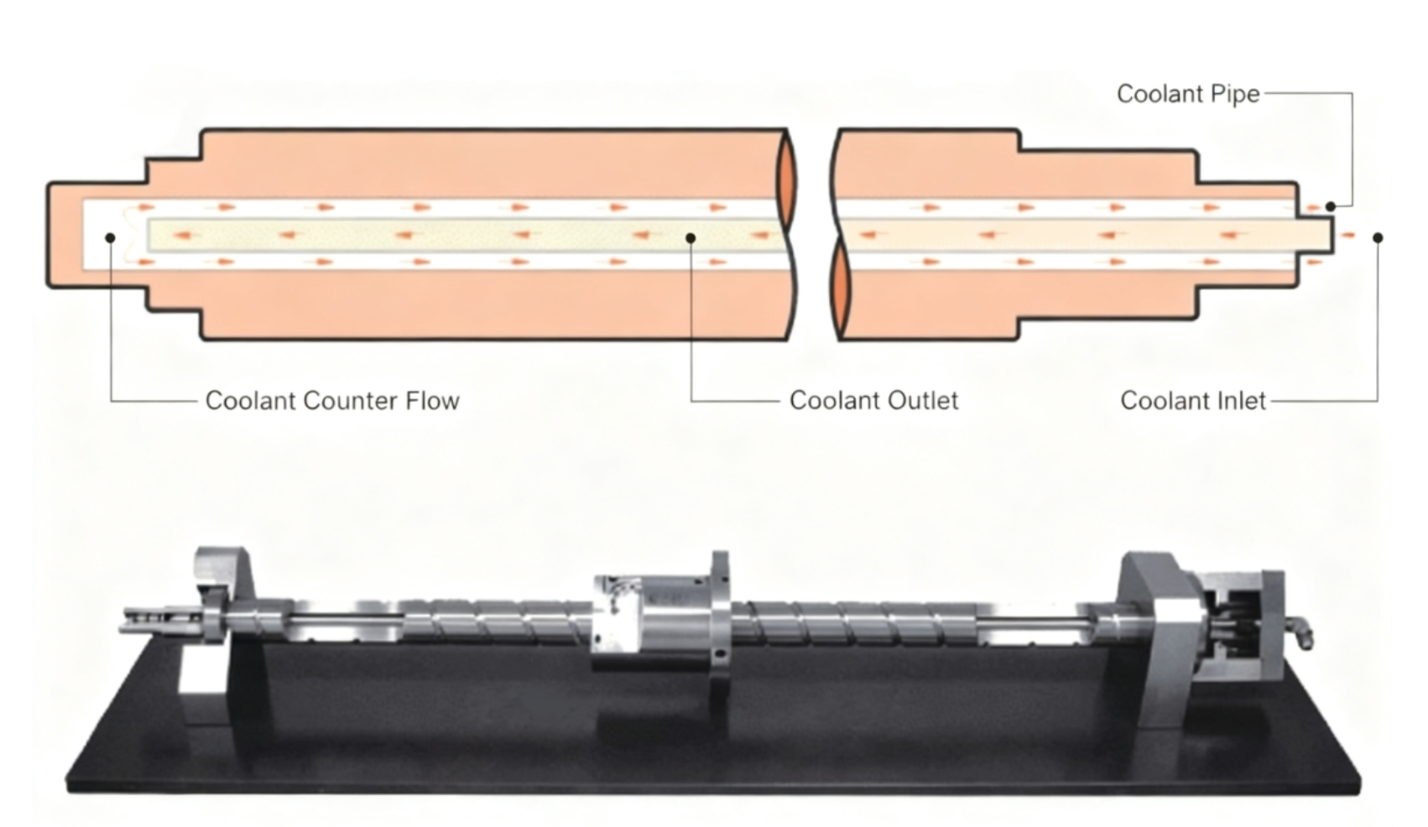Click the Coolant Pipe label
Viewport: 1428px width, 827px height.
[x=1187, y=94]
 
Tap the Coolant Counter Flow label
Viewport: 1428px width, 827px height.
[x=332, y=401]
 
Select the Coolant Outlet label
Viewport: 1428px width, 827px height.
[x=873, y=401]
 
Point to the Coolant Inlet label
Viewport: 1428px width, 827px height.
[x=1192, y=401]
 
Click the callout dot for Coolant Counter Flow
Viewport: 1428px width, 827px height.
[x=110, y=238]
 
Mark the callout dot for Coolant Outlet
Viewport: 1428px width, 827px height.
[x=691, y=238]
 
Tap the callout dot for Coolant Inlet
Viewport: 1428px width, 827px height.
[x=1378, y=238]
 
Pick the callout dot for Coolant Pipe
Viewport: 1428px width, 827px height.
[x=1330, y=206]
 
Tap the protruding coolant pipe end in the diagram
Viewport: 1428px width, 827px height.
[x=1317, y=234]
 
